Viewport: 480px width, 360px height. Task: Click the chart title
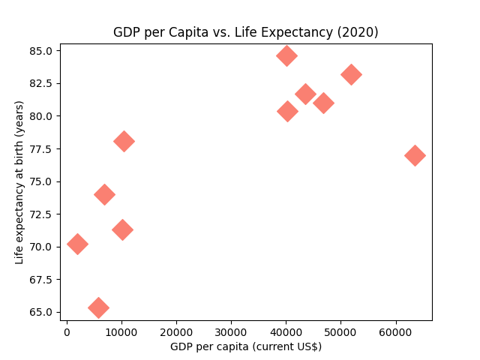(245, 32)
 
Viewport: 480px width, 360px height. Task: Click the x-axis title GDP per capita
(245, 346)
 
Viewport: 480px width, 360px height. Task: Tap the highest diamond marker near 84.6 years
(286, 55)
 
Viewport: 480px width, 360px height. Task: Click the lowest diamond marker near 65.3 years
(98, 307)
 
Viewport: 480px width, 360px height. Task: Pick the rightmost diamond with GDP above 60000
(415, 155)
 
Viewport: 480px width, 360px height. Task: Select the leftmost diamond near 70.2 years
(77, 244)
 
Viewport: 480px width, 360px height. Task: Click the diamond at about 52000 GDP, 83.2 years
(351, 74)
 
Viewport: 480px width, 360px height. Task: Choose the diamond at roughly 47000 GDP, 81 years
(323, 103)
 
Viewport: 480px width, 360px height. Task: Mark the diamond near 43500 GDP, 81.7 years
(305, 94)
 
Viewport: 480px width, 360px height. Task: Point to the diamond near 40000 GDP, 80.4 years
(287, 111)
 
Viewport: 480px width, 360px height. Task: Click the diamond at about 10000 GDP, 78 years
(124, 141)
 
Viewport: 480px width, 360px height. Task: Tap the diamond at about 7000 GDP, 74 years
(104, 194)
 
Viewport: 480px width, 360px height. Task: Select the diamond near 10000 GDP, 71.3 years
(122, 229)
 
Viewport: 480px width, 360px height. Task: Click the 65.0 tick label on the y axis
(41, 312)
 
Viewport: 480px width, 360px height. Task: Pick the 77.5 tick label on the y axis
(41, 149)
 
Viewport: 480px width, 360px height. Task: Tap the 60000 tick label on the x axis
(395, 331)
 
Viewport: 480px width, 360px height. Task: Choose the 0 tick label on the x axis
(67, 331)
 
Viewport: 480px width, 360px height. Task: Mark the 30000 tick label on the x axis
(231, 331)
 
